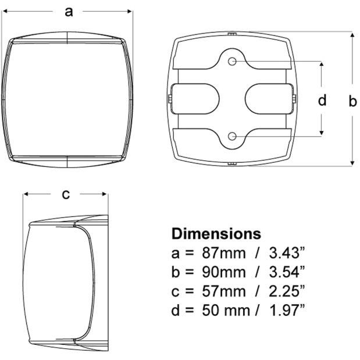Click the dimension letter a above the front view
(x=69, y=12)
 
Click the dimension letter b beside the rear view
(x=352, y=101)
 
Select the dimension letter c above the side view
(x=66, y=195)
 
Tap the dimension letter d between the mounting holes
(x=322, y=100)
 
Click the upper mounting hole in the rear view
(x=232, y=61)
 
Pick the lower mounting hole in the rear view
(x=232, y=136)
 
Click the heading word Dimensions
(x=216, y=234)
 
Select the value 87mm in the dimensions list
(x=224, y=253)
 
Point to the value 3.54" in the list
(x=287, y=272)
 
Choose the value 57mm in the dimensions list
(x=224, y=291)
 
